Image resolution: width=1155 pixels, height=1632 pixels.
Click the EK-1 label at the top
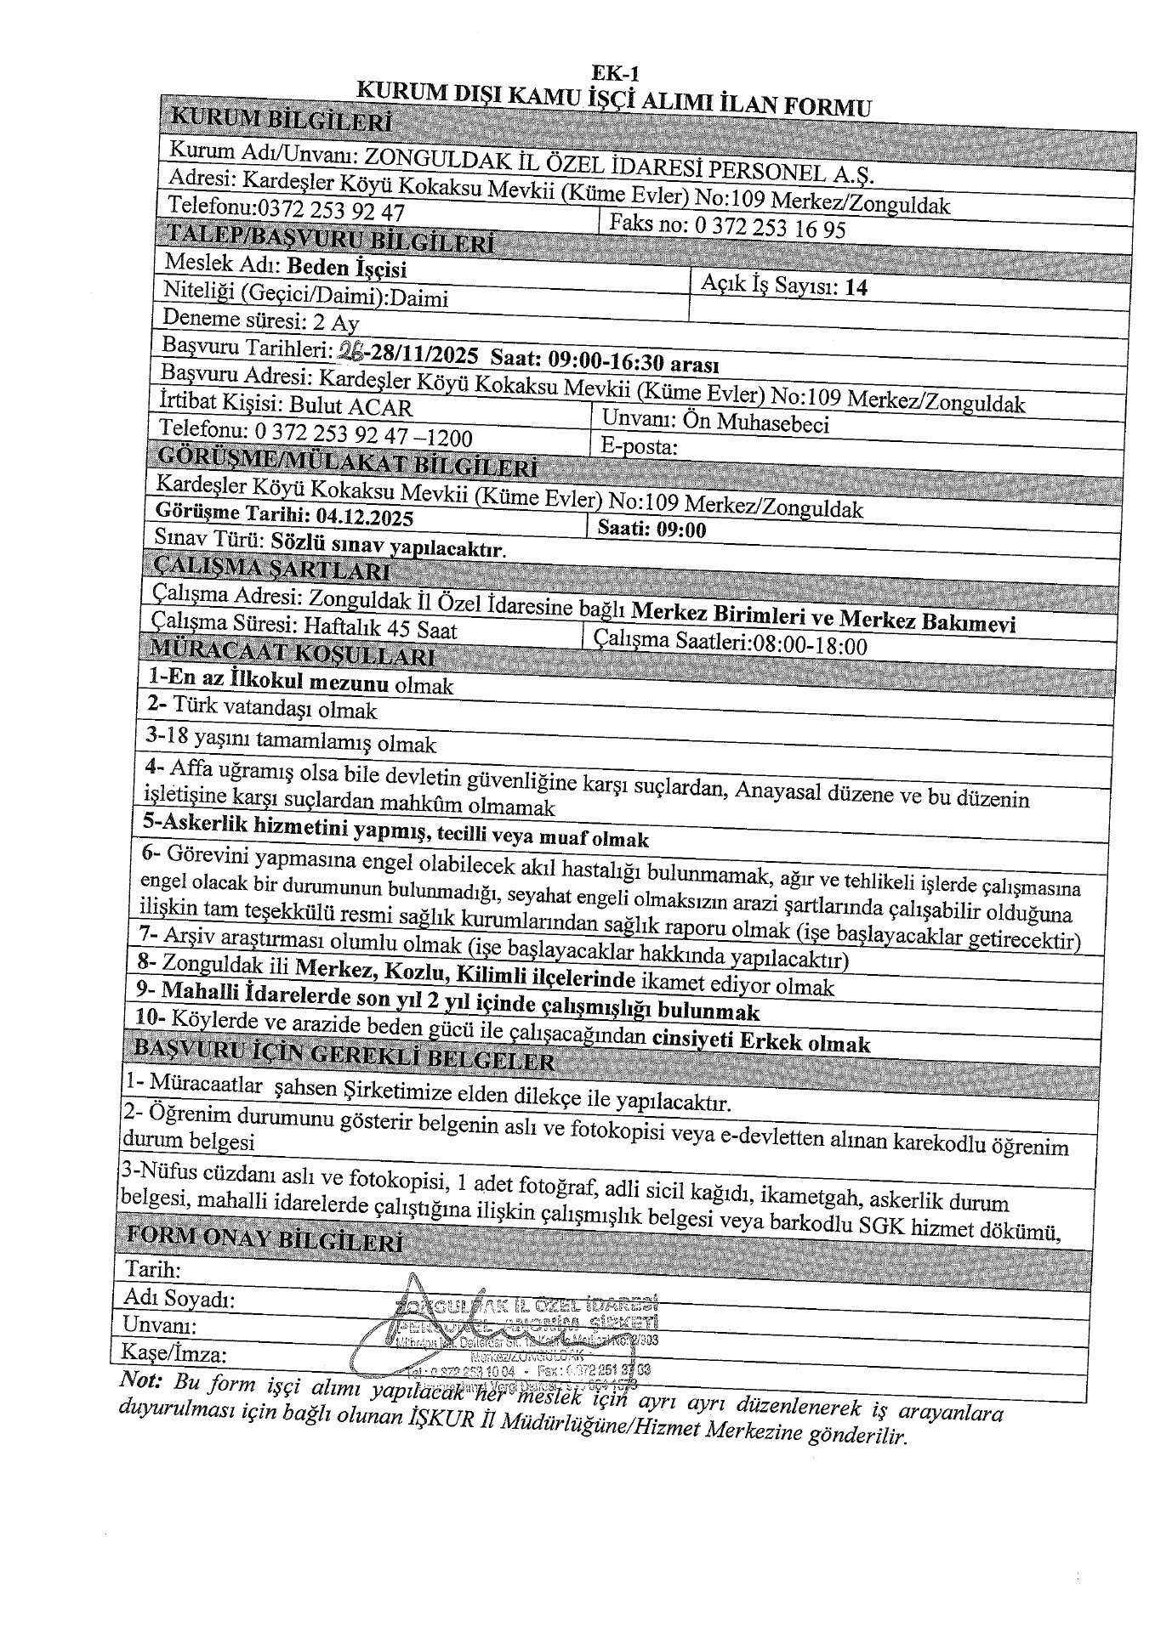tap(615, 73)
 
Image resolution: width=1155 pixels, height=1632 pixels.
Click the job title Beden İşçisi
tap(346, 268)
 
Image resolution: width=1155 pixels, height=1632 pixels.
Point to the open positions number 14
tap(856, 287)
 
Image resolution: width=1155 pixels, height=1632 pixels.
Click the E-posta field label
tap(638, 447)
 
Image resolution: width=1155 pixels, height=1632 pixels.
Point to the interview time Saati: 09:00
tap(651, 530)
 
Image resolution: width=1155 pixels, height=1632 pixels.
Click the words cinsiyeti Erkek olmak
tap(761, 1041)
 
